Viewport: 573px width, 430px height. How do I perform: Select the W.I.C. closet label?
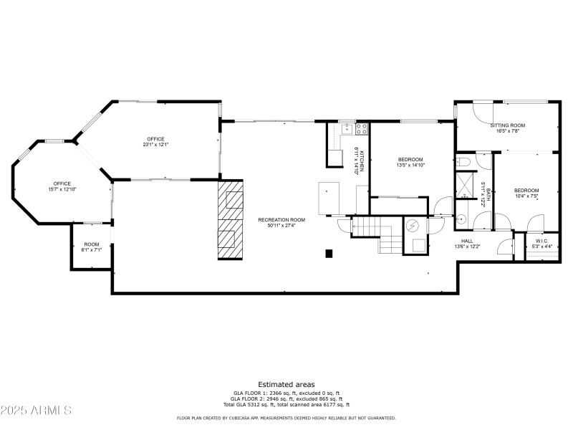coord(541,241)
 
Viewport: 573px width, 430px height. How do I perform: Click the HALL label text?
coord(467,241)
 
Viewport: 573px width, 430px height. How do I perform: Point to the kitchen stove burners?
coord(362,130)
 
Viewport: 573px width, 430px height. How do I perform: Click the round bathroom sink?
coord(461,219)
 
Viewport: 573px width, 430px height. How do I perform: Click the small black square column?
coord(329,253)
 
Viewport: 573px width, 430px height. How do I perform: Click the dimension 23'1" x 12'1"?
coord(156,145)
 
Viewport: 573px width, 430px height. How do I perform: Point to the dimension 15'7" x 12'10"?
coord(62,189)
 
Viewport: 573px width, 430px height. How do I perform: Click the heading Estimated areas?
coord(286,385)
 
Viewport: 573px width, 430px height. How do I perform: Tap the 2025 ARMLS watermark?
coord(36,411)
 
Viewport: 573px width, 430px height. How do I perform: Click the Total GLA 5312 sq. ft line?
coord(286,404)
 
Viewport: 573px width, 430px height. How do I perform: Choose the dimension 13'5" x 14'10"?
coord(410,166)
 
